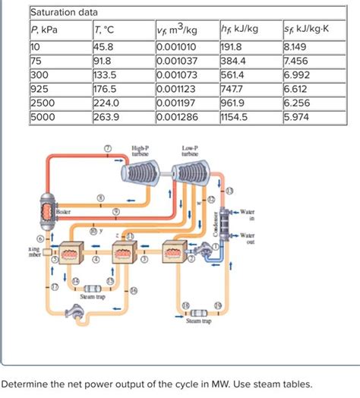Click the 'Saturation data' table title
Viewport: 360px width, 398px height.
pos(65,13)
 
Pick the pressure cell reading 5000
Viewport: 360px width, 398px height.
pos(41,118)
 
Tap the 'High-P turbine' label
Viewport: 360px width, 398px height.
pos(141,150)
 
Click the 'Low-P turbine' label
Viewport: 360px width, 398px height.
pos(191,150)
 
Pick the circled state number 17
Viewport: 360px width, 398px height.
pos(53,286)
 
